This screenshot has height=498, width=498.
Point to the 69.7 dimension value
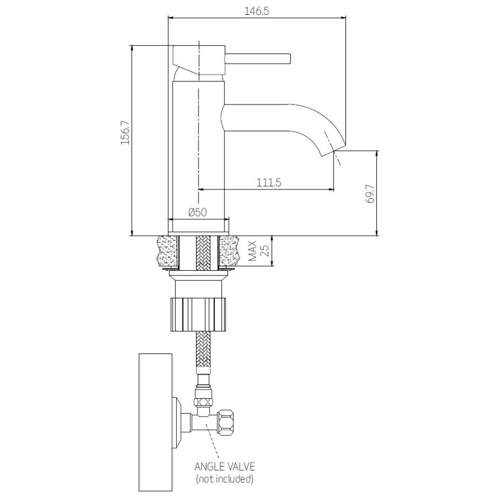tap(371, 193)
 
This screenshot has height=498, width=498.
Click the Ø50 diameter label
tap(197, 212)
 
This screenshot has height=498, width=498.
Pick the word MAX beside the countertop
tap(252, 251)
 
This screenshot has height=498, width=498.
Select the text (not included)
tap(224, 479)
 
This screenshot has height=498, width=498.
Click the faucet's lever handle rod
tap(258, 58)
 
